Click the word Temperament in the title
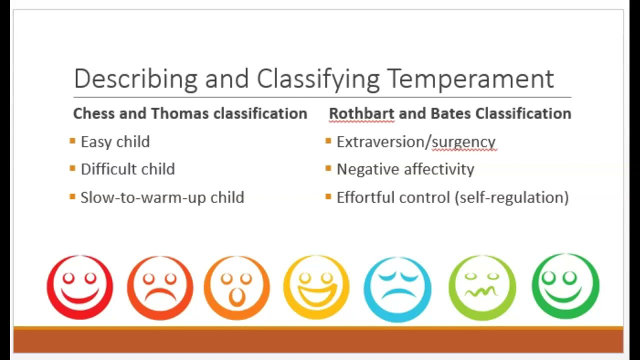tap(470, 78)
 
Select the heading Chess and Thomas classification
tap(190, 113)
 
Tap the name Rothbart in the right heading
tap(361, 113)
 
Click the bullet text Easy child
tap(115, 142)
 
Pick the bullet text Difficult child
tap(127, 169)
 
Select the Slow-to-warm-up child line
tap(162, 197)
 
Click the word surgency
tap(463, 142)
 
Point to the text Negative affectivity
tap(405, 169)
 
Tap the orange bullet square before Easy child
tap(72, 141)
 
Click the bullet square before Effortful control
tap(328, 196)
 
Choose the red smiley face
tap(80, 287)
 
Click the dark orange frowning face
tap(160, 287)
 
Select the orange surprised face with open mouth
tap(237, 287)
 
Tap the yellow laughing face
tap(316, 287)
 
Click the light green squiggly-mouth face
tap(482, 287)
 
